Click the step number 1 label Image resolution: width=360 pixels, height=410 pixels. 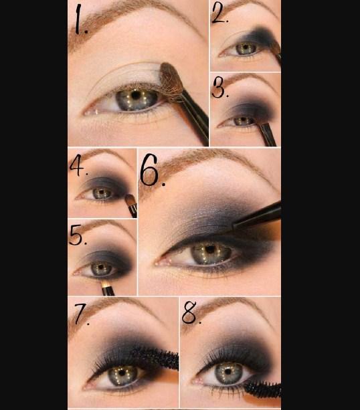tap(81, 20)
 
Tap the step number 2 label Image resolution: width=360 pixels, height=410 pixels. tap(220, 13)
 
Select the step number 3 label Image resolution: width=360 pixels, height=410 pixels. tap(219, 88)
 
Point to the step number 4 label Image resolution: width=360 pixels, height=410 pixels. tap(78, 165)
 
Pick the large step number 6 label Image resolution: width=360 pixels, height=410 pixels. tap(152, 170)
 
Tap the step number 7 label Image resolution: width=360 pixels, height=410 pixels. tap(82, 314)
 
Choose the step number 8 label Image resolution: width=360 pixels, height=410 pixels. tap(191, 312)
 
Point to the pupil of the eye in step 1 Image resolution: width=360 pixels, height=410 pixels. tap(135, 95)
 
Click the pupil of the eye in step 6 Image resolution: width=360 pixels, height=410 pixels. tap(210, 249)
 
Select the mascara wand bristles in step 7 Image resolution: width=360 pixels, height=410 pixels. tap(155, 356)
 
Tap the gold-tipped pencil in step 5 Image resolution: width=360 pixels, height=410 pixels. tap(107, 288)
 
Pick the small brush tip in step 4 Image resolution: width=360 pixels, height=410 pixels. tap(130, 199)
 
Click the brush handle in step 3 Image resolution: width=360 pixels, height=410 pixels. tap(268, 134)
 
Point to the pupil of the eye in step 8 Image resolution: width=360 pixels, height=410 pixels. tap(228, 371)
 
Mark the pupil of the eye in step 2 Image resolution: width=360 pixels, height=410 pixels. tap(246, 47)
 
